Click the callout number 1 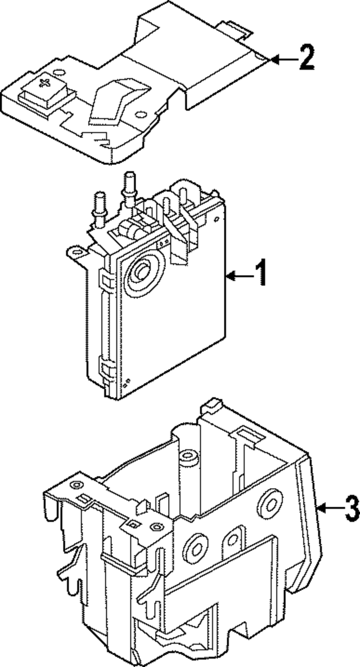260,274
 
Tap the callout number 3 352,510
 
